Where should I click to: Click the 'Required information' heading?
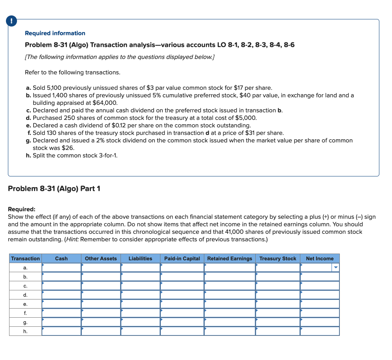[55, 33]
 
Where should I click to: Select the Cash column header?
[61, 258]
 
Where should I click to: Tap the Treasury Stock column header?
[277, 258]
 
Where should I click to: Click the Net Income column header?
[319, 258]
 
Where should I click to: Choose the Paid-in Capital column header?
[182, 258]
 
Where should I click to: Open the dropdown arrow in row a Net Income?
[336, 268]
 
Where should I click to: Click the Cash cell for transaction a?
[61, 268]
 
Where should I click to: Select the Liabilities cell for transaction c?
[140, 286]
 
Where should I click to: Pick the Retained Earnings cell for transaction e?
[229, 304]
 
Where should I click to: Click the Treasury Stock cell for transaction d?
[277, 295]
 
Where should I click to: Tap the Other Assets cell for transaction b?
[101, 277]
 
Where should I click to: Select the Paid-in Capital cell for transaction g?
[182, 322]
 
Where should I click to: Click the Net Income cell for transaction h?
[319, 331]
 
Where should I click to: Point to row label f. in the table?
[25, 313]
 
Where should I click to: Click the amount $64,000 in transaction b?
[105, 103]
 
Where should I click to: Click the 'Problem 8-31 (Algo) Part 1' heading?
[54, 189]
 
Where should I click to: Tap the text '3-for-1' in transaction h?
[107, 155]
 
